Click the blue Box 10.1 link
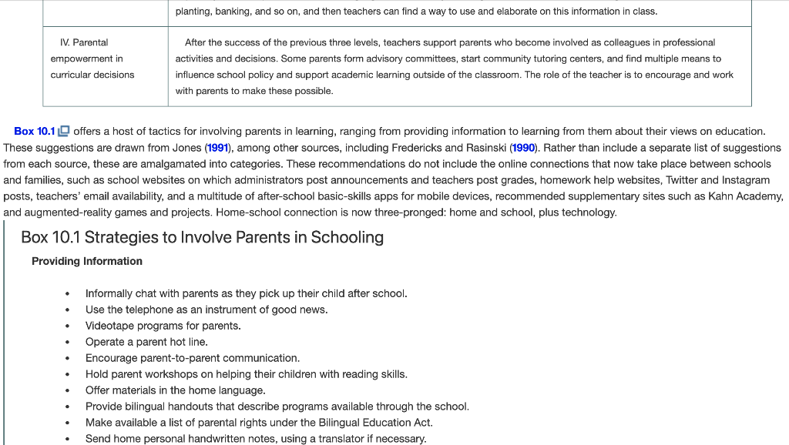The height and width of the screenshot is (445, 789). [x=35, y=132]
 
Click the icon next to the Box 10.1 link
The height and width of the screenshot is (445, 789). [x=64, y=132]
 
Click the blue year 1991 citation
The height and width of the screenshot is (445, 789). [x=217, y=148]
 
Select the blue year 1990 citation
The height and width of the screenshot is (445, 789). [x=524, y=148]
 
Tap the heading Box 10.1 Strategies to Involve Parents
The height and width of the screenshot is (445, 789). [x=202, y=237]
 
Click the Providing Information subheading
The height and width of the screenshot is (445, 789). [x=87, y=261]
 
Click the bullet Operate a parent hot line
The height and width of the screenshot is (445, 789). [x=146, y=342]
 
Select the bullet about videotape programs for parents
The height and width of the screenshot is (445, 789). [x=163, y=326]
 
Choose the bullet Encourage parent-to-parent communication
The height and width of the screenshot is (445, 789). [x=192, y=358]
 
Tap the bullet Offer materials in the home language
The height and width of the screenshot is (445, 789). [x=175, y=390]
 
